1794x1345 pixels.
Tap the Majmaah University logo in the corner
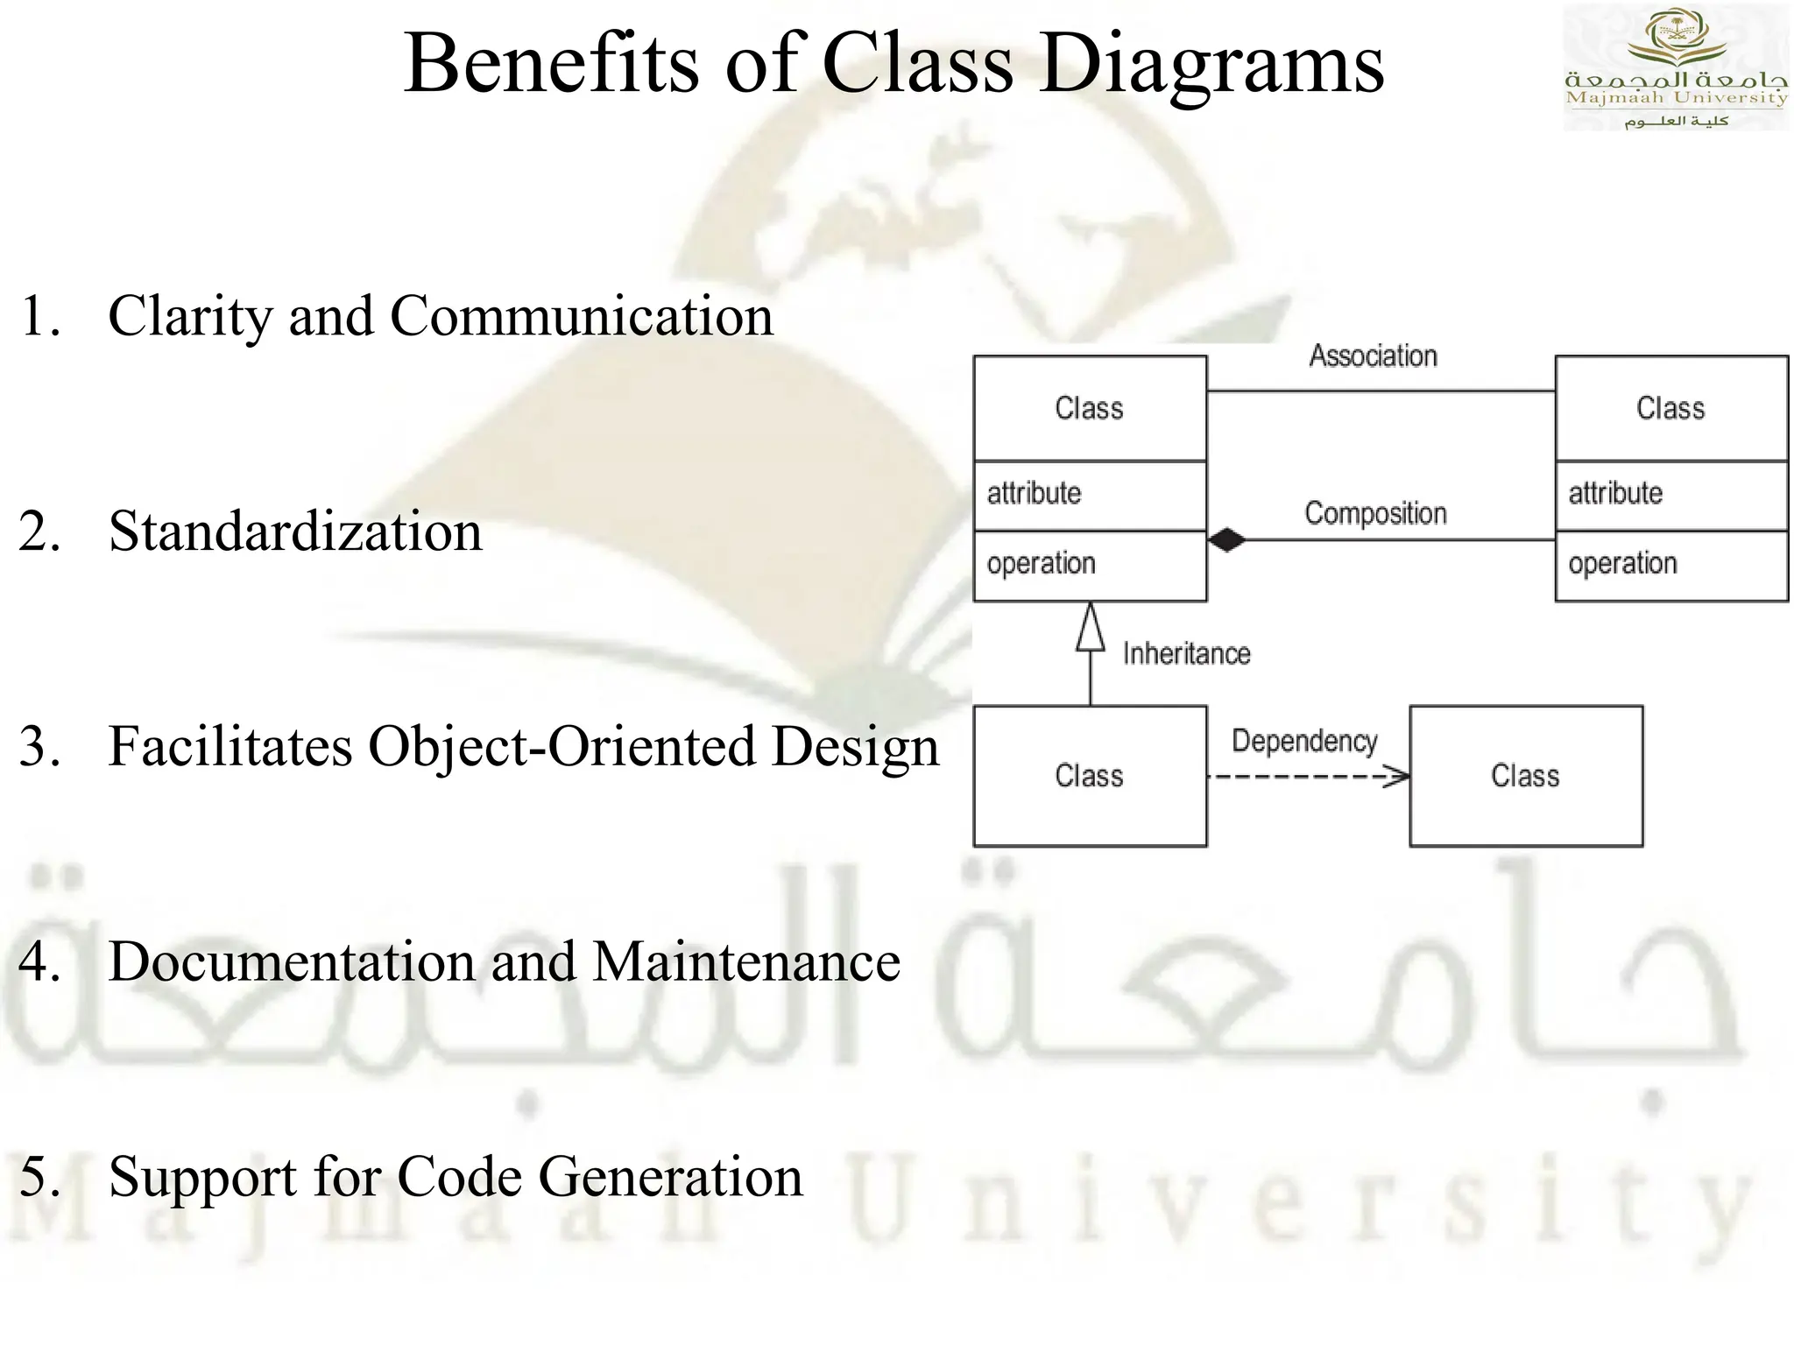tap(1675, 68)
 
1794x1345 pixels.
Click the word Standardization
tap(295, 532)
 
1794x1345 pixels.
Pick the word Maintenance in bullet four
tap(746, 962)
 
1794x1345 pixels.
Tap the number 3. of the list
tap(40, 748)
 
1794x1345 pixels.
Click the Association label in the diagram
tap(1373, 356)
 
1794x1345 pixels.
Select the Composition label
tap(1375, 513)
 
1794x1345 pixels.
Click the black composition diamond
tap(1226, 540)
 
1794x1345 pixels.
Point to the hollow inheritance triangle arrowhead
tap(1090, 629)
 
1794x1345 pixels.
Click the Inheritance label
tap(1186, 654)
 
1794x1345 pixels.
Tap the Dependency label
tap(1304, 742)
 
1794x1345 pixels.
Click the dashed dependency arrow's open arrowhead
tap(1399, 777)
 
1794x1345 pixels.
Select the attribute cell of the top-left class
tap(1090, 495)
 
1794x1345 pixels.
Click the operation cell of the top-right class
tap(1670, 565)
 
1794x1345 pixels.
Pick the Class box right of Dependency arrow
tap(1525, 777)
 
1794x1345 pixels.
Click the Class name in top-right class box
tap(1670, 409)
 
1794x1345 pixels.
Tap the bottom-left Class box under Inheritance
tap(1090, 777)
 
